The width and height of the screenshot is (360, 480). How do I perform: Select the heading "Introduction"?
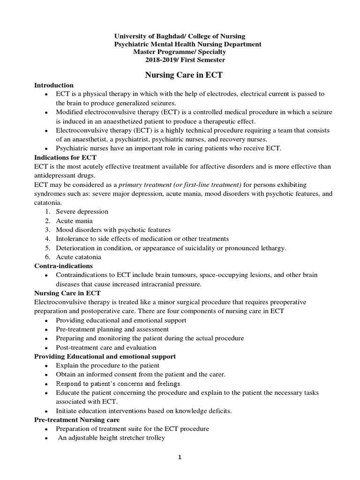pyautogui.click(x=54, y=85)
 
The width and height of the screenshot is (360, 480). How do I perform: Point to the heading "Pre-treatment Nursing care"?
pyautogui.click(x=77, y=420)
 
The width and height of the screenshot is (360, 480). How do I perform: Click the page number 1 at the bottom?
pyautogui.click(x=180, y=458)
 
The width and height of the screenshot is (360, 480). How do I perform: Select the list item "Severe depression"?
pyautogui.click(x=82, y=212)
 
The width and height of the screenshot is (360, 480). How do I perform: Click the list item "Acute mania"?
pyautogui.click(x=74, y=221)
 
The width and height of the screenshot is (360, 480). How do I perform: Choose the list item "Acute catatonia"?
pyautogui.click(x=78, y=257)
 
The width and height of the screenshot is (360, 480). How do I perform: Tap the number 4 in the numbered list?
pyautogui.click(x=47, y=239)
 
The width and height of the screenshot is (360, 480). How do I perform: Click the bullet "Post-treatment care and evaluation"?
pyautogui.click(x=106, y=347)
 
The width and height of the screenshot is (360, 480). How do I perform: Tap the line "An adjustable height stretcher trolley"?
pyautogui.click(x=111, y=438)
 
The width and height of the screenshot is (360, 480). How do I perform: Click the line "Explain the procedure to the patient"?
pyautogui.click(x=107, y=366)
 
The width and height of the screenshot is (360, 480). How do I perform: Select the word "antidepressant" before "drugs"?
pyautogui.click(x=56, y=175)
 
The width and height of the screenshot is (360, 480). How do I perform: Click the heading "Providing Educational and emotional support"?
pyautogui.click(x=105, y=356)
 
